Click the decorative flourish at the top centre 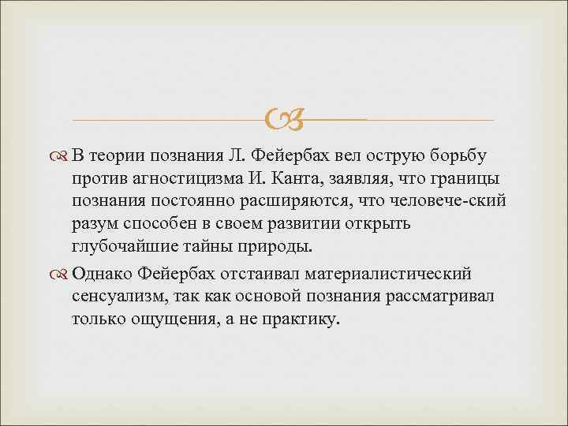point(284,118)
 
